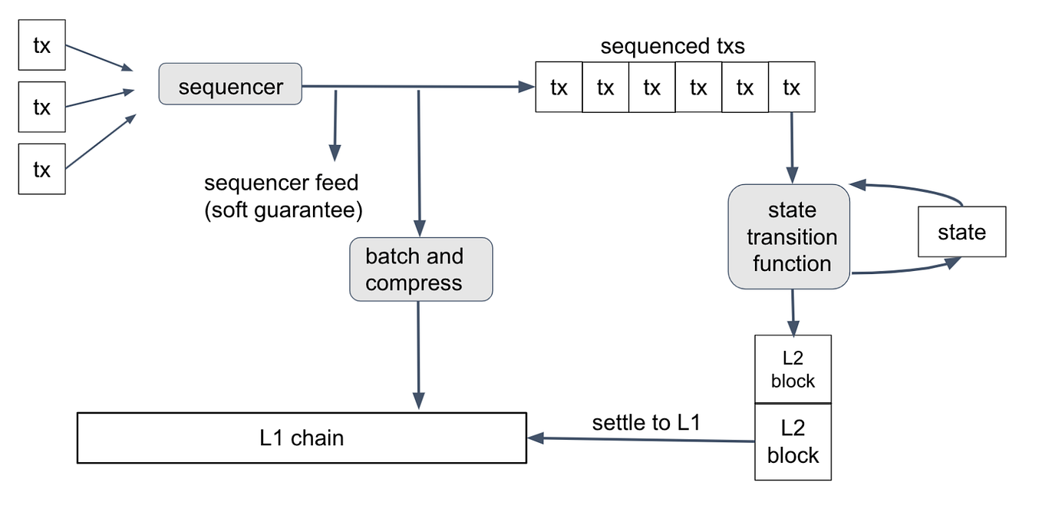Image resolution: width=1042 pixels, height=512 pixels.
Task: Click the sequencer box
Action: tap(230, 84)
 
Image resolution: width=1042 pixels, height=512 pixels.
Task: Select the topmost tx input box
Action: tap(41, 45)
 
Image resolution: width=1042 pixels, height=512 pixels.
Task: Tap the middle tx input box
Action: tap(41, 107)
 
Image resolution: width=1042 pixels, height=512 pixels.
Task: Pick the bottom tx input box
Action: tap(41, 169)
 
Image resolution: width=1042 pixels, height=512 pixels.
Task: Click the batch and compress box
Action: tap(420, 269)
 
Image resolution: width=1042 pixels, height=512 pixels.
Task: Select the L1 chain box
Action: tap(302, 438)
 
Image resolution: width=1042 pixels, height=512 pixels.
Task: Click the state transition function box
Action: tap(790, 236)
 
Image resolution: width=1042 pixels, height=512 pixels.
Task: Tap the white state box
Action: tap(961, 232)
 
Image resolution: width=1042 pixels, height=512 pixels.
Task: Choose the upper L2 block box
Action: tap(793, 368)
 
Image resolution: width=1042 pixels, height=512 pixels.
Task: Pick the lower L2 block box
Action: tap(793, 442)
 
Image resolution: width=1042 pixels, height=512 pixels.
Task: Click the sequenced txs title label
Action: tap(672, 46)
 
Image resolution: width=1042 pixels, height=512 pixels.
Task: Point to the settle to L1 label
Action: tap(645, 422)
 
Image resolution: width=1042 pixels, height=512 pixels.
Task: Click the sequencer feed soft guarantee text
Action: tap(282, 197)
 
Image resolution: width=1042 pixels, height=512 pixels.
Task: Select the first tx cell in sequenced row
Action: tap(559, 88)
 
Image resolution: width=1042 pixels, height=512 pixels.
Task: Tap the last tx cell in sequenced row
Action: tap(791, 88)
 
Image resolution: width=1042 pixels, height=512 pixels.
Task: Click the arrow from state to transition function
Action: tap(913, 188)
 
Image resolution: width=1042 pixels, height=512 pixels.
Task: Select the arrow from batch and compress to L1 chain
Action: tap(418, 353)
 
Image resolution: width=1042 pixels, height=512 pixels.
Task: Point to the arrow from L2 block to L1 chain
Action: tap(645, 440)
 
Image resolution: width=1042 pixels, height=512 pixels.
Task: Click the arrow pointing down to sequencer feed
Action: tap(335, 123)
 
